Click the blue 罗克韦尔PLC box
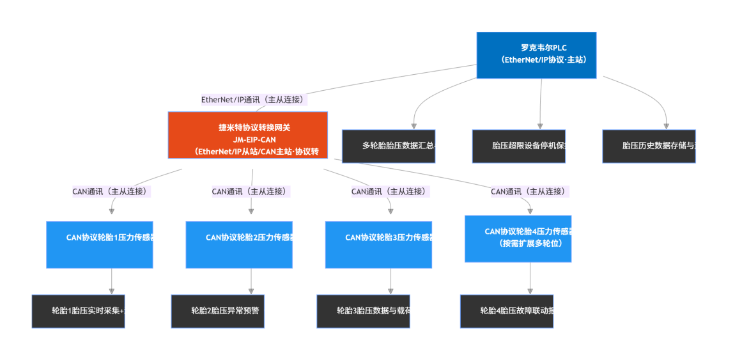(536, 55)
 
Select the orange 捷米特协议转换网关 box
(247, 135)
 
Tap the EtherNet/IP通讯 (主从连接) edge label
(254, 100)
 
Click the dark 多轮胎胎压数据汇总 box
(389, 146)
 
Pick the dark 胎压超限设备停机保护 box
(518, 146)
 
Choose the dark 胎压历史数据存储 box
(649, 146)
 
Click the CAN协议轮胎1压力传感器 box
(100, 244)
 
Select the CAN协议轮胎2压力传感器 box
(239, 244)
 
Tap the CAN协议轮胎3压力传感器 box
(378, 244)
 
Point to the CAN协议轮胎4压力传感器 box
(518, 239)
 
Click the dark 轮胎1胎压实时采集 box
(79, 311)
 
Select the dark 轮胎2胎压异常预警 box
(218, 311)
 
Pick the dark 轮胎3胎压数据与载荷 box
(364, 311)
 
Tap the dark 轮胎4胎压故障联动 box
(507, 311)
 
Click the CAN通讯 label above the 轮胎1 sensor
(111, 191)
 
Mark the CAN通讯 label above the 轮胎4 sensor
(530, 191)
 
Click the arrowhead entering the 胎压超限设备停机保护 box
(540, 125)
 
